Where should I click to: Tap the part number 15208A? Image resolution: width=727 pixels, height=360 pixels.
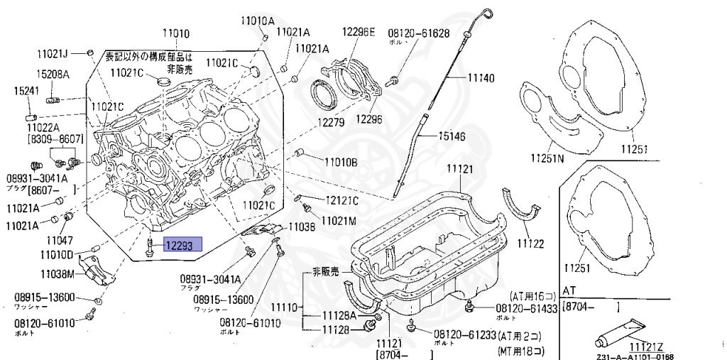[53, 75]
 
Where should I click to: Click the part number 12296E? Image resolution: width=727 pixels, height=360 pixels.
[359, 31]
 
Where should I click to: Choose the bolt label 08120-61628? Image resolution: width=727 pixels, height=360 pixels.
[418, 33]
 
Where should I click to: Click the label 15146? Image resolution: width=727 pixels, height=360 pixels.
[452, 136]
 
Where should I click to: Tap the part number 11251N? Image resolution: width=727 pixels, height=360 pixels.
[547, 158]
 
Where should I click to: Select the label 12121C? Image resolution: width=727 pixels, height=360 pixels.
[342, 200]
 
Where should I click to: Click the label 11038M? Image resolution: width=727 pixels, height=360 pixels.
[58, 273]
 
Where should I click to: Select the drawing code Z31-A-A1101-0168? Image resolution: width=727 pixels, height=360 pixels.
[635, 356]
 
